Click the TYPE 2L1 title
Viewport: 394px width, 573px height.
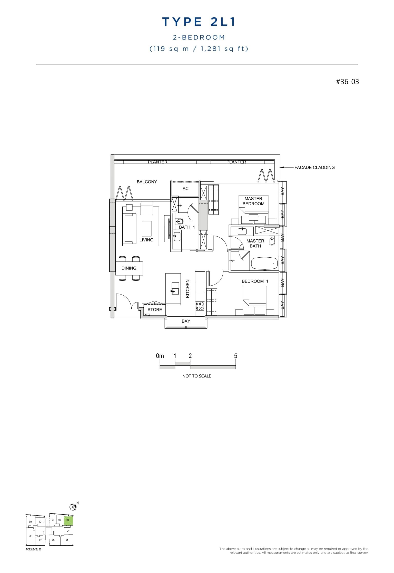point(199,22)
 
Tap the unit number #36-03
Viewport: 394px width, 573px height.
point(347,82)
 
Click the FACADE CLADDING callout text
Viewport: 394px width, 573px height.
point(314,168)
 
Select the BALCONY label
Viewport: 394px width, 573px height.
point(147,182)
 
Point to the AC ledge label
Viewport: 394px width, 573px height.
point(185,189)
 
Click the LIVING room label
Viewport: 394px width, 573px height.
point(146,240)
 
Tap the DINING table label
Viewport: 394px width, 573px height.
point(129,268)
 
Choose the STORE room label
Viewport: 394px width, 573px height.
point(155,310)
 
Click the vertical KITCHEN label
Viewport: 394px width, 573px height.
point(188,289)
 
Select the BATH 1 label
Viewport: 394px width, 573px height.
point(187,227)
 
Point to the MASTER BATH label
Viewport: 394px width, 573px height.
point(255,244)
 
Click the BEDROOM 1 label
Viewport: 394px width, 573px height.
point(255,281)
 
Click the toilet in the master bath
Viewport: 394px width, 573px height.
point(272,241)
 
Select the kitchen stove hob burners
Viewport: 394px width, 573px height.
point(200,306)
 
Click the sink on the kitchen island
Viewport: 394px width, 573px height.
point(175,291)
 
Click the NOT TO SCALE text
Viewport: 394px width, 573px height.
point(196,376)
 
